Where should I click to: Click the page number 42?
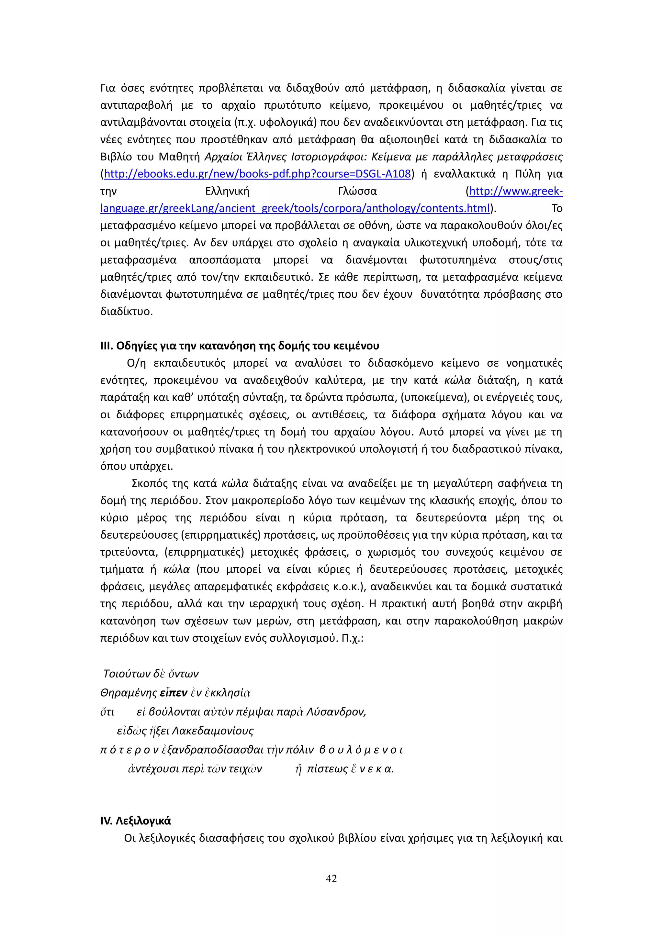point(331,879)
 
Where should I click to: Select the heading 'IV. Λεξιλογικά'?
point(136,821)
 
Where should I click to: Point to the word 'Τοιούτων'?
point(127,673)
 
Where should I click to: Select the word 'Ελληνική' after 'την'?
point(227,192)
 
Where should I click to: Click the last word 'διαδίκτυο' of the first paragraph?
point(126,312)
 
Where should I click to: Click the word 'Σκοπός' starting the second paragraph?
point(150,484)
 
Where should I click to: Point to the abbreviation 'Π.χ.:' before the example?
point(352,638)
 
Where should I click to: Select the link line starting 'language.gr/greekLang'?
point(295,209)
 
